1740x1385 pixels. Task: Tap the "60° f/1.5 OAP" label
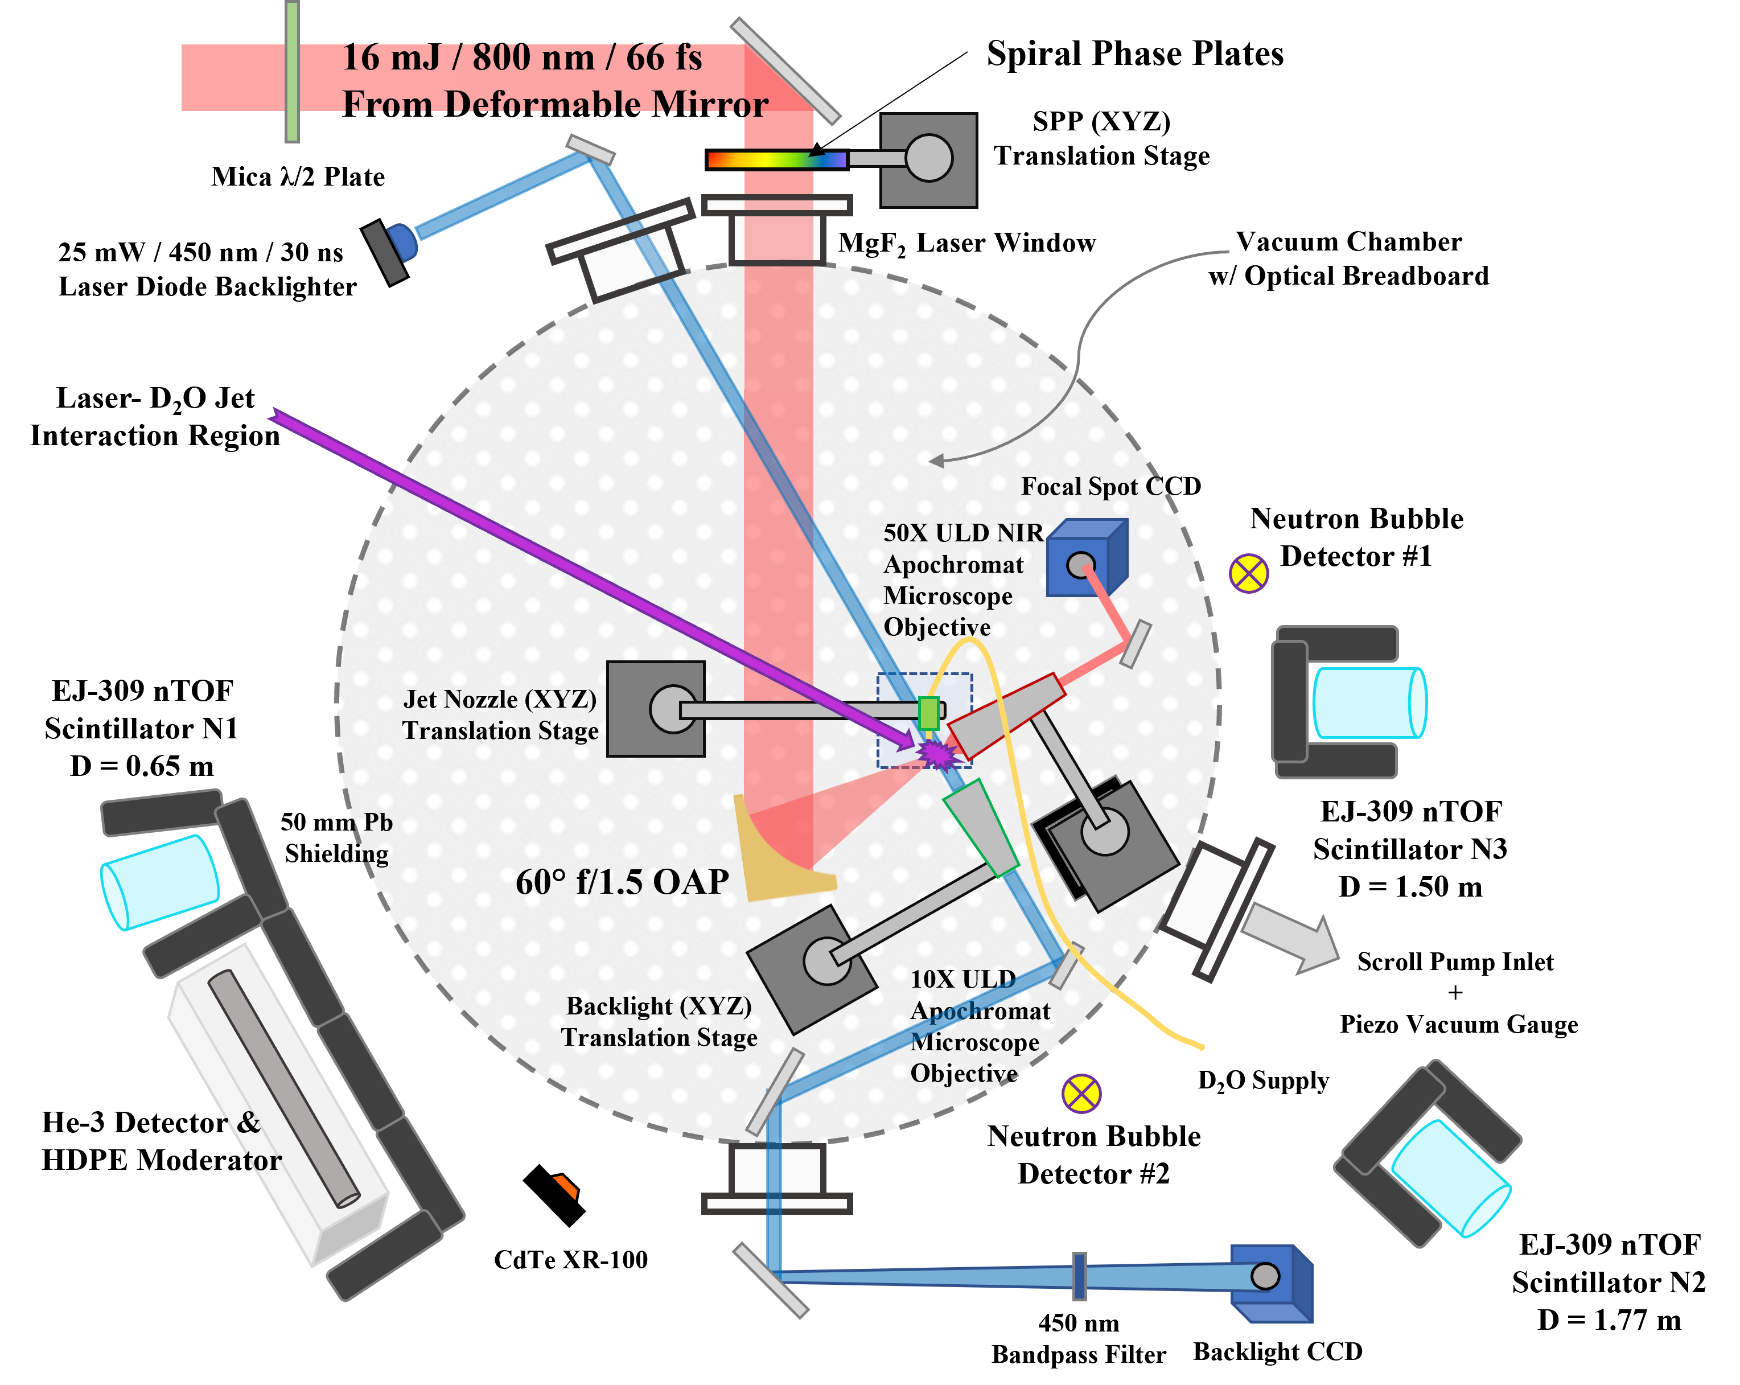tap(622, 882)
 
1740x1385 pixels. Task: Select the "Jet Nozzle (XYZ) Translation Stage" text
tap(500, 715)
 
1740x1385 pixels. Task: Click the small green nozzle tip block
tap(929, 713)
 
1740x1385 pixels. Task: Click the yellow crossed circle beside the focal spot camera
tap(1248, 573)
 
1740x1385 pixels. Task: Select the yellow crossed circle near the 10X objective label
tap(1081, 1094)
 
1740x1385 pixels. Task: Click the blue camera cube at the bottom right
tap(1271, 1283)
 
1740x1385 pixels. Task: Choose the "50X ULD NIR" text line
tap(963, 533)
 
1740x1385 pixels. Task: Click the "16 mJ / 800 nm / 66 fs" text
tap(521, 58)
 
